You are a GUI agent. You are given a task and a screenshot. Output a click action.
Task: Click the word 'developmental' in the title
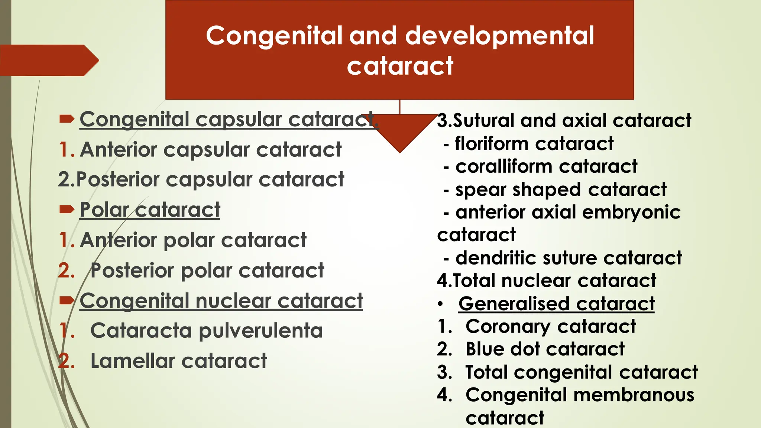pos(499,36)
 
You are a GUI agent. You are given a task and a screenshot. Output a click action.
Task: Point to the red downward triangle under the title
pos(400,132)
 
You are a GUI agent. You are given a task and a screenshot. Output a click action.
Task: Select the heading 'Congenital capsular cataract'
pos(229,120)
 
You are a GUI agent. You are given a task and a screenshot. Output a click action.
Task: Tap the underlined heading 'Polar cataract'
pos(150,210)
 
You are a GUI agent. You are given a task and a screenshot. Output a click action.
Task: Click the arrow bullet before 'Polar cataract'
pos(67,210)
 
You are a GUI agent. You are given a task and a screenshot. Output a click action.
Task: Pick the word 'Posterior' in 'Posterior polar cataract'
pos(132,270)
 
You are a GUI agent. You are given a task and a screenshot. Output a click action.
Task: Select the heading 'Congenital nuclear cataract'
pos(221,301)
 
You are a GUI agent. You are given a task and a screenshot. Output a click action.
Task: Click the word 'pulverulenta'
pos(261,331)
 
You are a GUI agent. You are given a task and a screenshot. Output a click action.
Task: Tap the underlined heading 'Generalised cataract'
pos(556,304)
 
